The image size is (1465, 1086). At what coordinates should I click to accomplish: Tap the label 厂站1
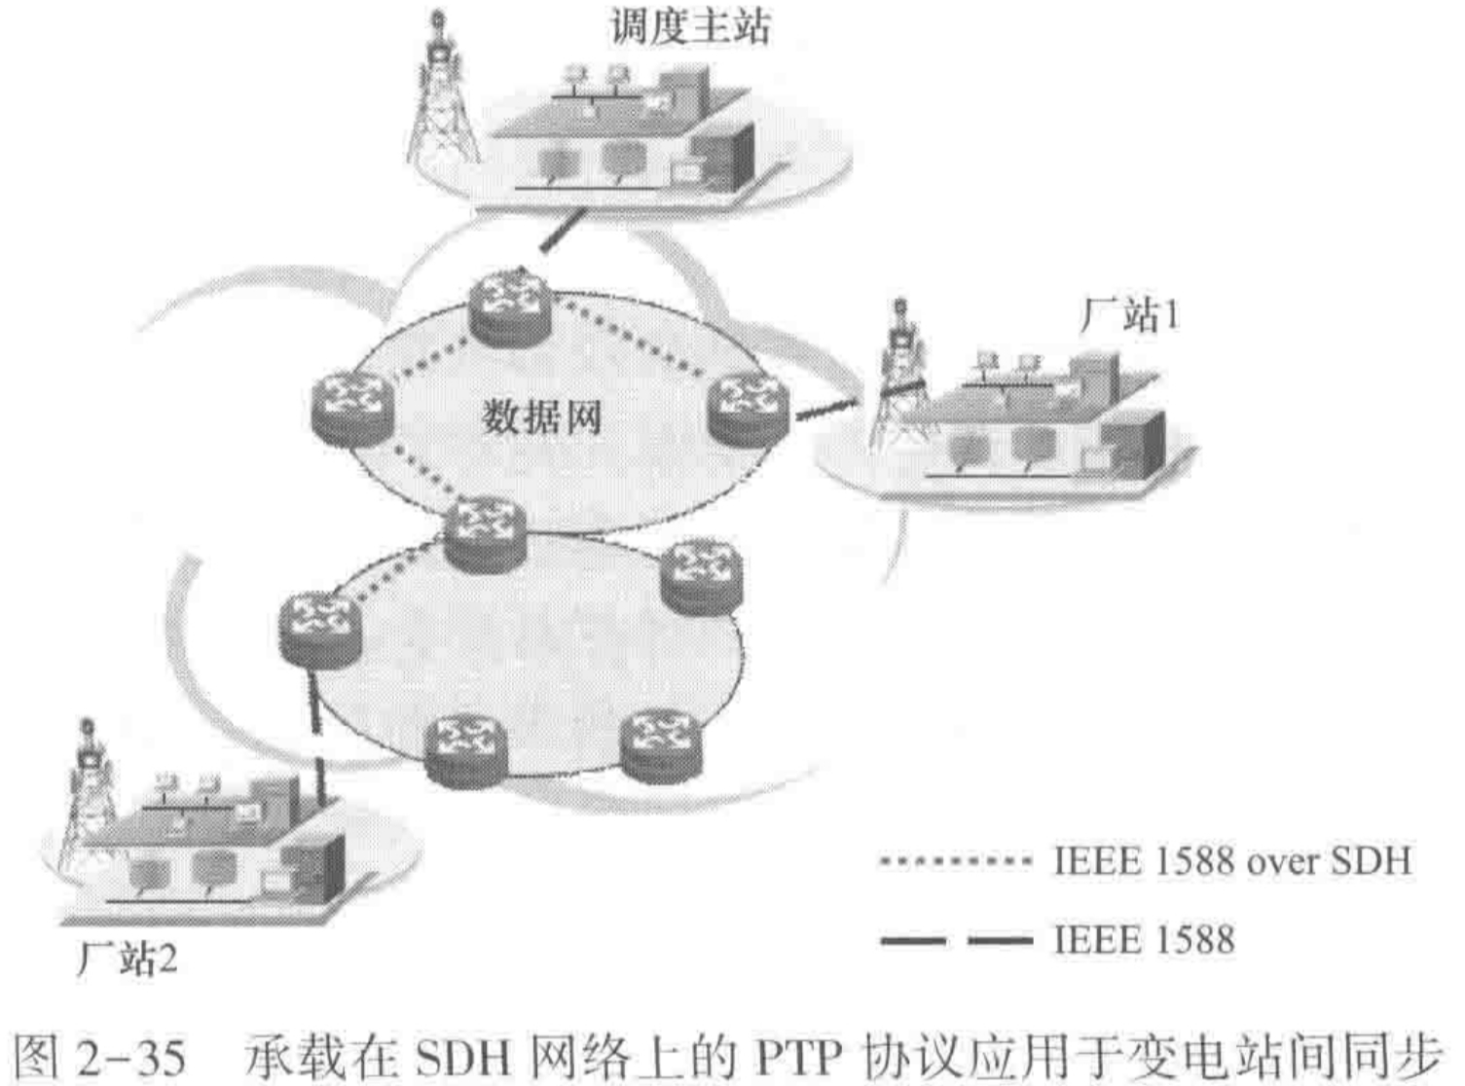click(x=1129, y=314)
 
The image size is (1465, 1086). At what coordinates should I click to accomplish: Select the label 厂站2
click(x=128, y=959)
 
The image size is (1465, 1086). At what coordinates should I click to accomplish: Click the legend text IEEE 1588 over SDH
click(x=1231, y=860)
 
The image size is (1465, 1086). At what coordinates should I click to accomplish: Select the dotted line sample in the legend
click(x=955, y=861)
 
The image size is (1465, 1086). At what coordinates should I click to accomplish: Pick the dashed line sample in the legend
click(x=955, y=941)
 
